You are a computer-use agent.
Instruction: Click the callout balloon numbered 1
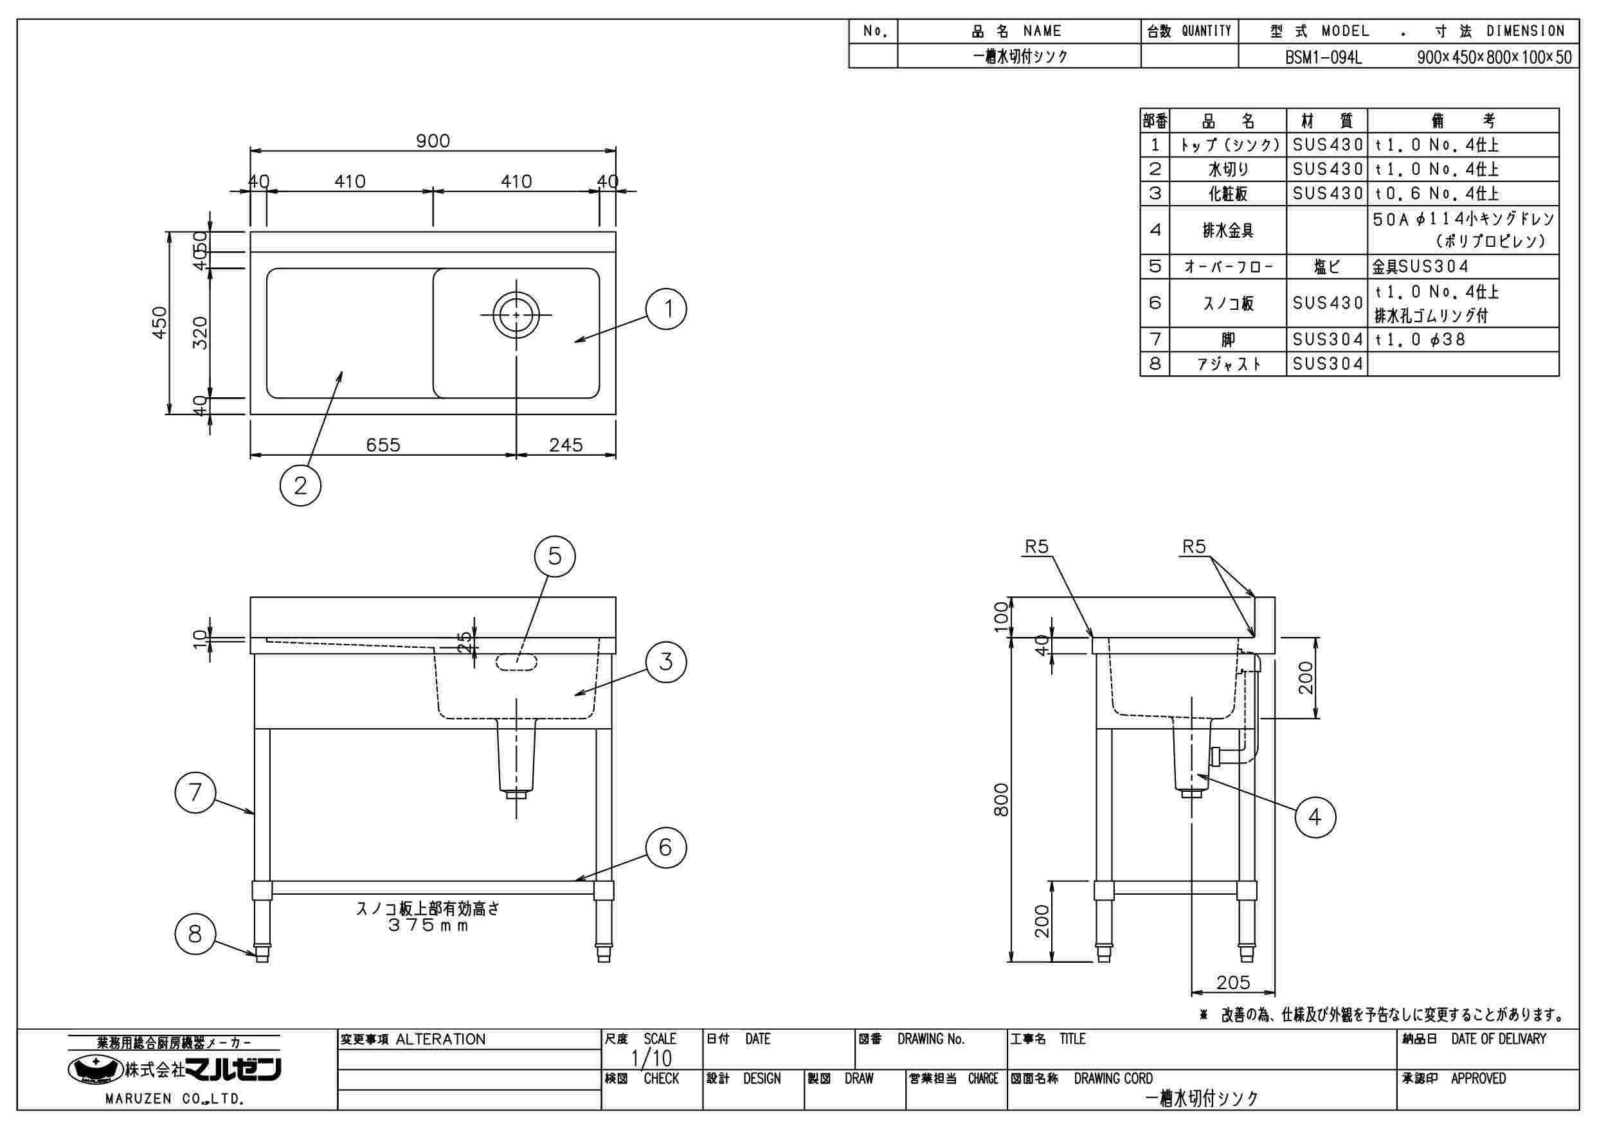[x=665, y=309]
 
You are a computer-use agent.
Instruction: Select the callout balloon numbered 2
[x=300, y=485]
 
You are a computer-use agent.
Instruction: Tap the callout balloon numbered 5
[x=554, y=556]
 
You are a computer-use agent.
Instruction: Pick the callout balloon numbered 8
[x=195, y=933]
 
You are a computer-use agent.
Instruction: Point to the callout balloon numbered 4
[x=1315, y=816]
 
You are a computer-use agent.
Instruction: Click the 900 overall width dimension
[x=433, y=141]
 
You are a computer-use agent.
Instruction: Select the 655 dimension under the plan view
[x=383, y=445]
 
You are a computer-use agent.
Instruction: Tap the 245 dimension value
[x=566, y=445]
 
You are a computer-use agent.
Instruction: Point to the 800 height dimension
[x=1001, y=800]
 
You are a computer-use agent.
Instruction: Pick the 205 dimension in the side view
[x=1233, y=982]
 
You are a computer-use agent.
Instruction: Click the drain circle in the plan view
[x=516, y=315]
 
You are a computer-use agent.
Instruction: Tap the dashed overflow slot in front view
[x=516, y=662]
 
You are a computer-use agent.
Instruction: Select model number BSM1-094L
[x=1323, y=57]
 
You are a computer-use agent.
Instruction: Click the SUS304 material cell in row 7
[x=1327, y=339]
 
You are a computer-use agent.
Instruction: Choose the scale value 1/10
[x=651, y=1059]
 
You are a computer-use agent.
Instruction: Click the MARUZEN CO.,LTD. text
[x=174, y=1100]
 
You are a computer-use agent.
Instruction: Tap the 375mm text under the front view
[x=428, y=926]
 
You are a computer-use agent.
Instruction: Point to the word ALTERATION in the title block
[x=440, y=1040]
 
